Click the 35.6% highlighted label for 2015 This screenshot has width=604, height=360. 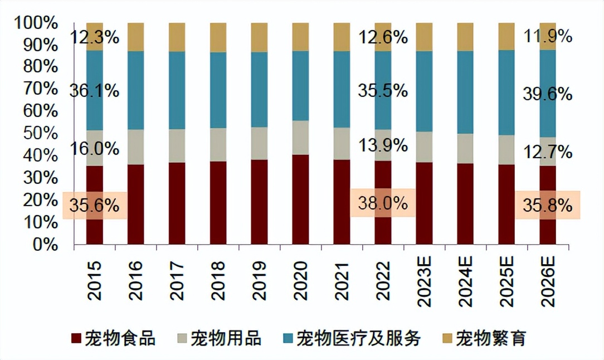[x=94, y=206]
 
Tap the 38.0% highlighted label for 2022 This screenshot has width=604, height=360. [x=382, y=203]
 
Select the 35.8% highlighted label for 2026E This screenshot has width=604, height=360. [x=548, y=205]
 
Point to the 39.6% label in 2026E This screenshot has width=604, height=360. [x=548, y=94]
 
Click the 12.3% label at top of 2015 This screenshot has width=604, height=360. [x=94, y=37]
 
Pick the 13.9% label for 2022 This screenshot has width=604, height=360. [x=382, y=146]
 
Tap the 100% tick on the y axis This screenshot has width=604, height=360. [x=36, y=23]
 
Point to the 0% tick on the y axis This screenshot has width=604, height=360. [x=45, y=245]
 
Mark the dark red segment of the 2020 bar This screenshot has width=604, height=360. [x=300, y=200]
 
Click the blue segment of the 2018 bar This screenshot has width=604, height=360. [x=218, y=90]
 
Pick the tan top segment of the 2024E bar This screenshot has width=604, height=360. [x=465, y=37]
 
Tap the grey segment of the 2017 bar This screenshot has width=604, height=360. [x=177, y=145]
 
